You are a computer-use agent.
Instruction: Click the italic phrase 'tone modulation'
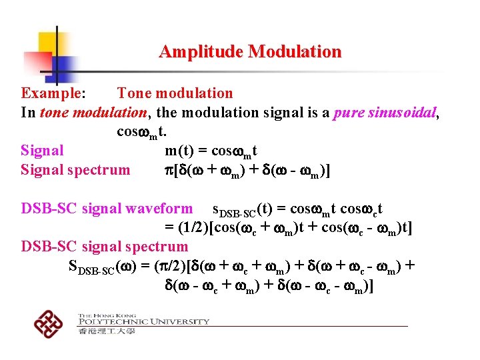(93, 113)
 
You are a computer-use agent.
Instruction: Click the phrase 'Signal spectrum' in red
(75, 170)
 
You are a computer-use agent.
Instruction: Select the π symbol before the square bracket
(169, 171)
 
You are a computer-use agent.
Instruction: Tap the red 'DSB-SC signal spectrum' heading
(105, 247)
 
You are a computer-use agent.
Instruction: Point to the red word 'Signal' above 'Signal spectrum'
(43, 151)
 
